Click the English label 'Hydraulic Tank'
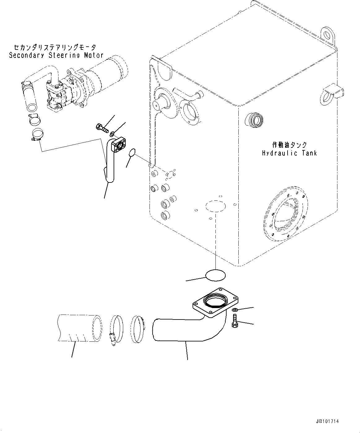(289, 153)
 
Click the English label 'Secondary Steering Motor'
(56, 55)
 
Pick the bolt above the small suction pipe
(102, 127)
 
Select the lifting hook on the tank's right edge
(332, 92)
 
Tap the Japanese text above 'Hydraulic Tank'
(289, 145)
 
